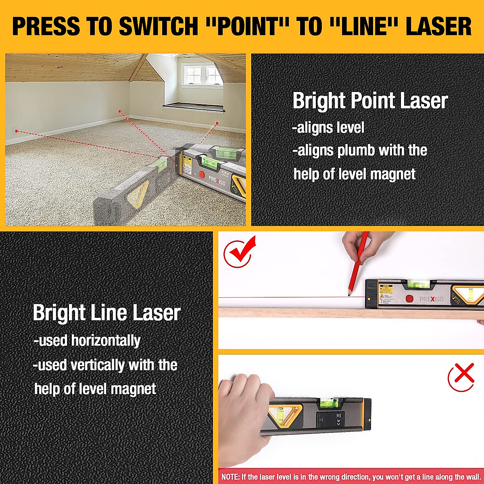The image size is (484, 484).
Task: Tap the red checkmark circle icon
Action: pos(239,253)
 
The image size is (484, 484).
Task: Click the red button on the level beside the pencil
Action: pos(409,299)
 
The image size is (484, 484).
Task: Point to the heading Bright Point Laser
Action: pos(370,101)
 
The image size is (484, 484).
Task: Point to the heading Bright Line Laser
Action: pos(106,313)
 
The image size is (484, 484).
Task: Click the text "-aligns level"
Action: pos(328,128)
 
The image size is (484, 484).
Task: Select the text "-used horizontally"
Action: pos(87,341)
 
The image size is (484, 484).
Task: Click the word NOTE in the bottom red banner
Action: pos(230,477)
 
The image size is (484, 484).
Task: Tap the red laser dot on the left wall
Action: pos(16,131)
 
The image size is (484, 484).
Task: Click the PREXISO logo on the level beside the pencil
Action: pos(431,299)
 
